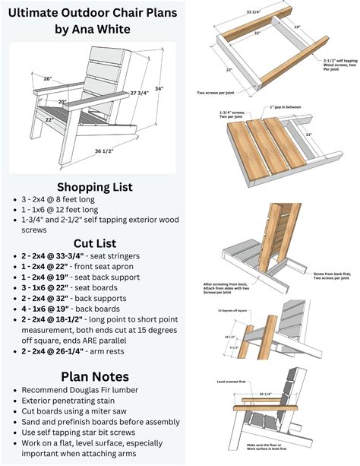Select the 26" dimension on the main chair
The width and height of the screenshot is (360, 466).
pos(47,78)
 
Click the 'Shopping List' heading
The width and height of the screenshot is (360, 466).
pos(94,187)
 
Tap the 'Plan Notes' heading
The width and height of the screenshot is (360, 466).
pos(94,376)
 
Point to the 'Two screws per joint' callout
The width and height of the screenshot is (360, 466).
pos(216,93)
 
